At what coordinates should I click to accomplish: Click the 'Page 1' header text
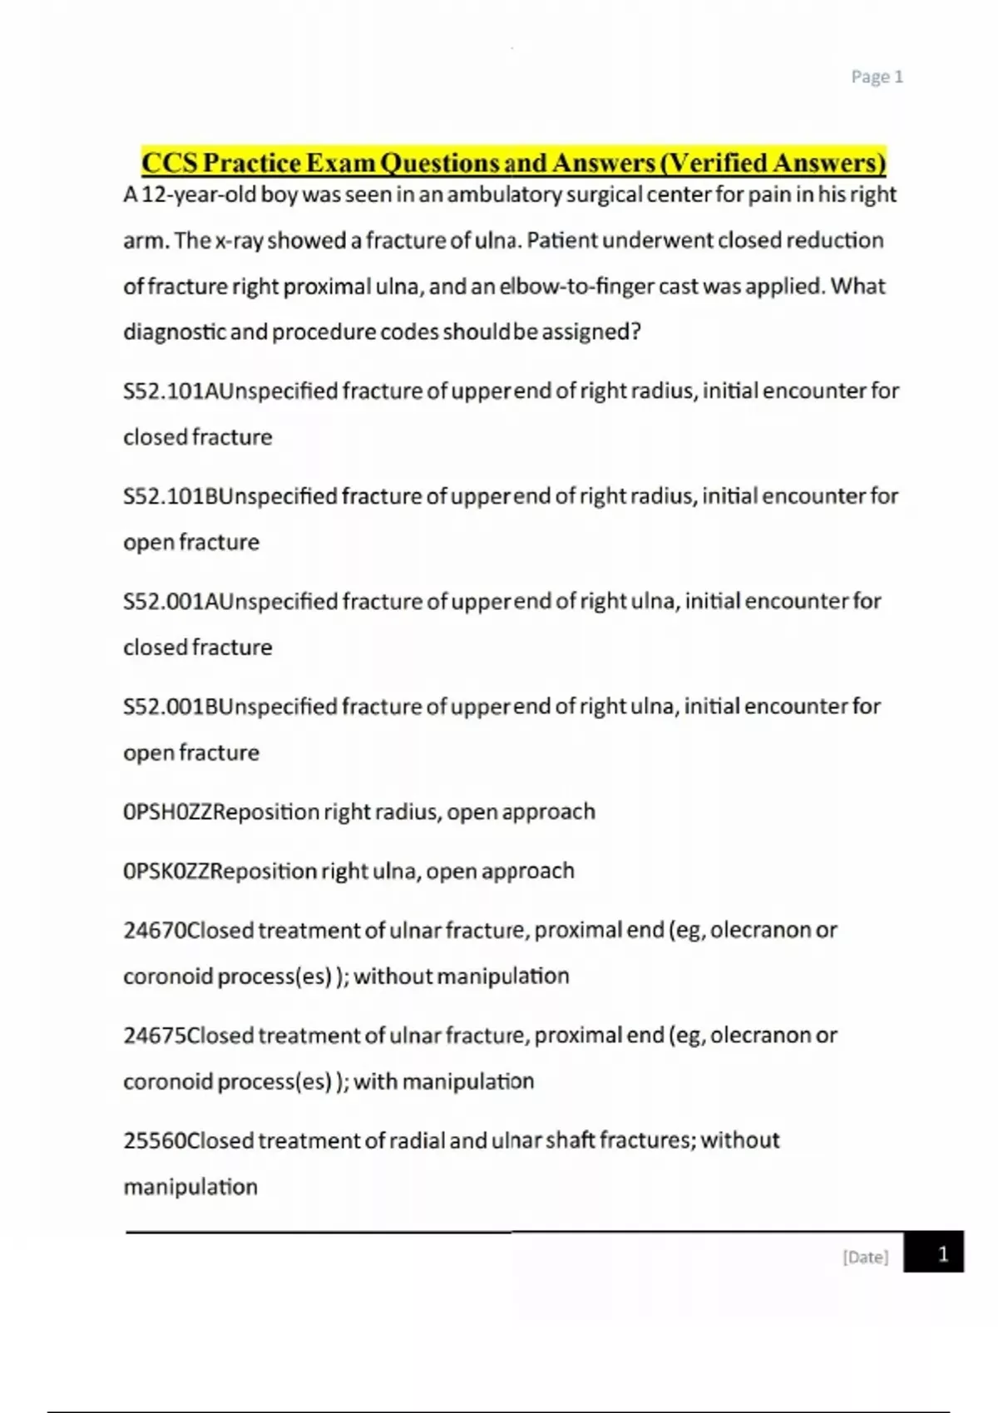pos(877,77)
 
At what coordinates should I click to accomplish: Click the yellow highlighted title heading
pos(513,162)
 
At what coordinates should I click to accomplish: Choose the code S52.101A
pos(169,391)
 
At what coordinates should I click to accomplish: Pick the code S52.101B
pos(169,496)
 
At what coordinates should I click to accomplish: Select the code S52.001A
pos(169,602)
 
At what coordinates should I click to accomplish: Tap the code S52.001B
pos(169,706)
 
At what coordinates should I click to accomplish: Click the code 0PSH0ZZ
pos(167,812)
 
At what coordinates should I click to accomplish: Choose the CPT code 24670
pos(155,930)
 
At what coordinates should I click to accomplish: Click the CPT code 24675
pos(155,1036)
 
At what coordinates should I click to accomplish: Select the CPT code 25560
pos(155,1140)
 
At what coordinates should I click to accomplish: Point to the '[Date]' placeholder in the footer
pos(865,1257)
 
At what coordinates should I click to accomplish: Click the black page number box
pos(933,1253)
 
